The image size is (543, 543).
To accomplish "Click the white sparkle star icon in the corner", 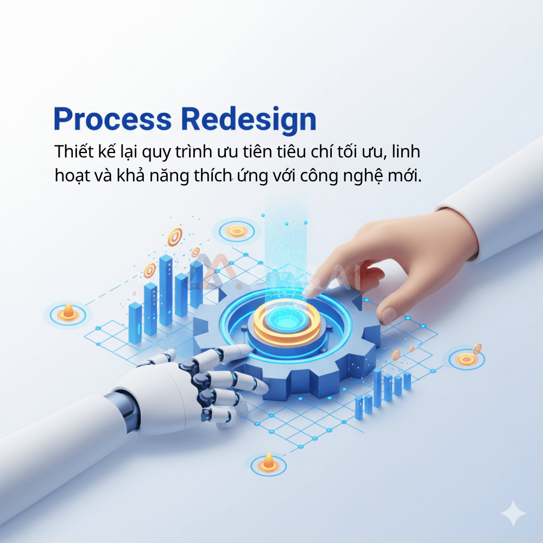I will click(x=513, y=514).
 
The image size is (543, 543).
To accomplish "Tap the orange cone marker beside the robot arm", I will click(x=267, y=462).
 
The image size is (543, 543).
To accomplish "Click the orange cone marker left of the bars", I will click(x=68, y=311).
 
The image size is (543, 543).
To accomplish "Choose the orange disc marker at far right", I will click(x=466, y=359).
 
